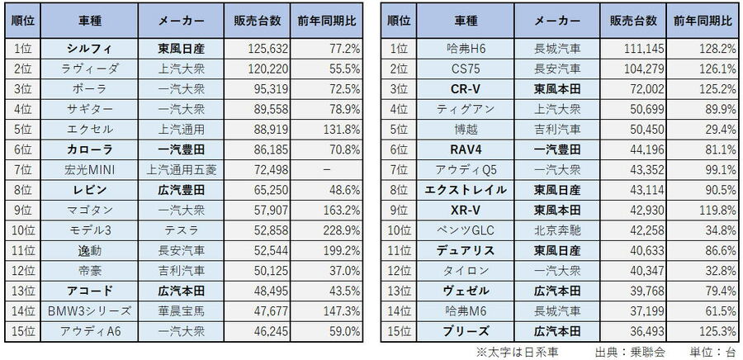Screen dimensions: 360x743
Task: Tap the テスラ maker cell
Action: pos(181,228)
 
